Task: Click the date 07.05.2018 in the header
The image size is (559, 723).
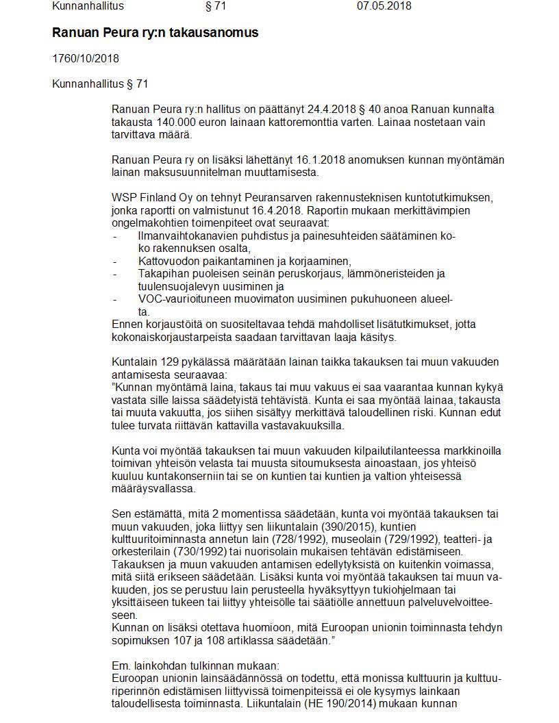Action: tap(384, 6)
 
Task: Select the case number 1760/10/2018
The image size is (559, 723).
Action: tap(86, 58)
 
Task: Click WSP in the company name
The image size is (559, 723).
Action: tap(123, 198)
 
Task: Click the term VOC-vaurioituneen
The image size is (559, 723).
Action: tap(182, 299)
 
